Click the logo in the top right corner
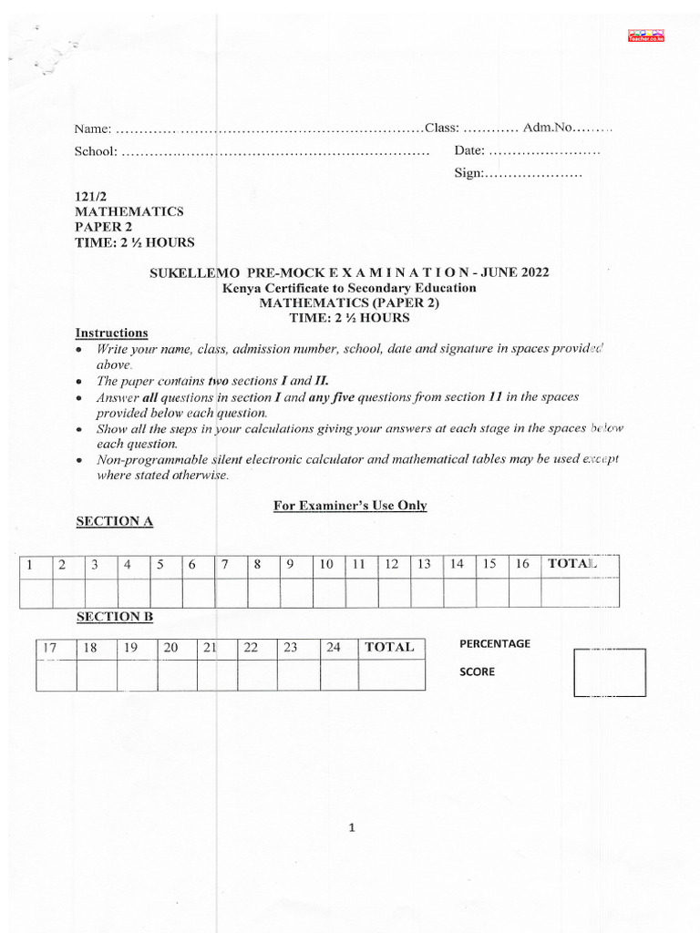pyautogui.click(x=647, y=36)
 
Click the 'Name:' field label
pyautogui.click(x=93, y=128)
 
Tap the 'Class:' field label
pyautogui.click(x=446, y=128)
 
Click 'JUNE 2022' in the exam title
pyautogui.click(x=516, y=272)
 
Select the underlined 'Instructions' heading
pyautogui.click(x=111, y=333)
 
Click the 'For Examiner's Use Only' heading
pyautogui.click(x=350, y=506)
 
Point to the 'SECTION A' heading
pyautogui.click(x=114, y=521)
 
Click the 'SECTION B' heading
pyautogui.click(x=114, y=617)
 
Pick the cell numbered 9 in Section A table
pyautogui.click(x=290, y=564)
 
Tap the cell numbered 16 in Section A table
pyautogui.click(x=522, y=564)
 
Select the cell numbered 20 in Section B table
pyautogui.click(x=170, y=648)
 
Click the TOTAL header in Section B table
pyautogui.click(x=389, y=648)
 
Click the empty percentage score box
pyautogui.click(x=609, y=673)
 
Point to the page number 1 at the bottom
pyautogui.click(x=351, y=828)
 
